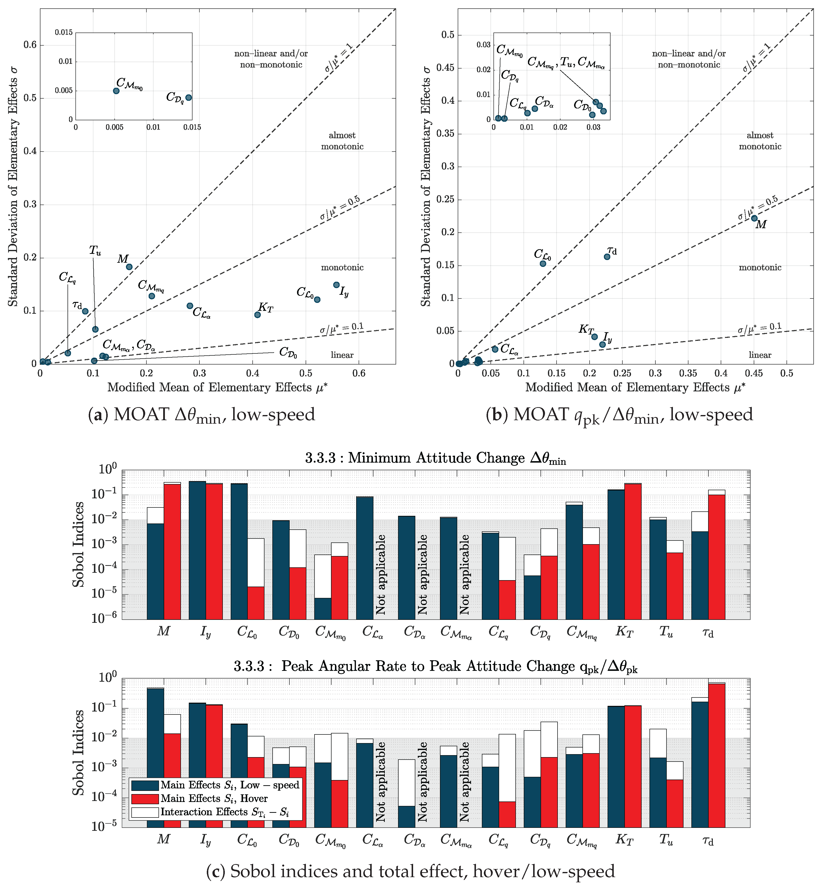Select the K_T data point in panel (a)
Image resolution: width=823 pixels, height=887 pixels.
(257, 315)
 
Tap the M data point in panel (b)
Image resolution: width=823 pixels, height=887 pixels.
(754, 218)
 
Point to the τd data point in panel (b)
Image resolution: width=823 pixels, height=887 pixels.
(607, 257)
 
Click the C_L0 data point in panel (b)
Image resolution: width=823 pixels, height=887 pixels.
(543, 264)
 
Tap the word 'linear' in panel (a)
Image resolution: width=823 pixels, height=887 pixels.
(342, 355)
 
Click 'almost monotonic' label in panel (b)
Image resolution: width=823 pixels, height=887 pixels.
(760, 141)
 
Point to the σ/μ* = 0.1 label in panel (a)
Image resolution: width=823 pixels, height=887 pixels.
(342, 328)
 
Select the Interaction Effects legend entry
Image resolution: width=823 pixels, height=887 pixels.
(225, 812)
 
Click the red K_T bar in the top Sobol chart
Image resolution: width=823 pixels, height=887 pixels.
(633, 551)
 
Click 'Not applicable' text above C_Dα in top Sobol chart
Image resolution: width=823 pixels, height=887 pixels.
(422, 574)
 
